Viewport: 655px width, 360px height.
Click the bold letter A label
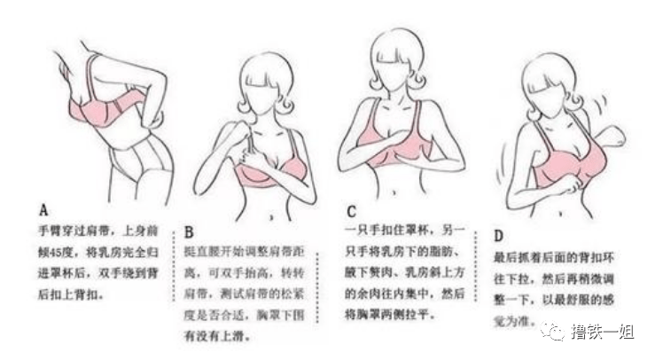(x=43, y=210)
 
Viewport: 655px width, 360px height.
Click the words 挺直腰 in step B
(x=203, y=254)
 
